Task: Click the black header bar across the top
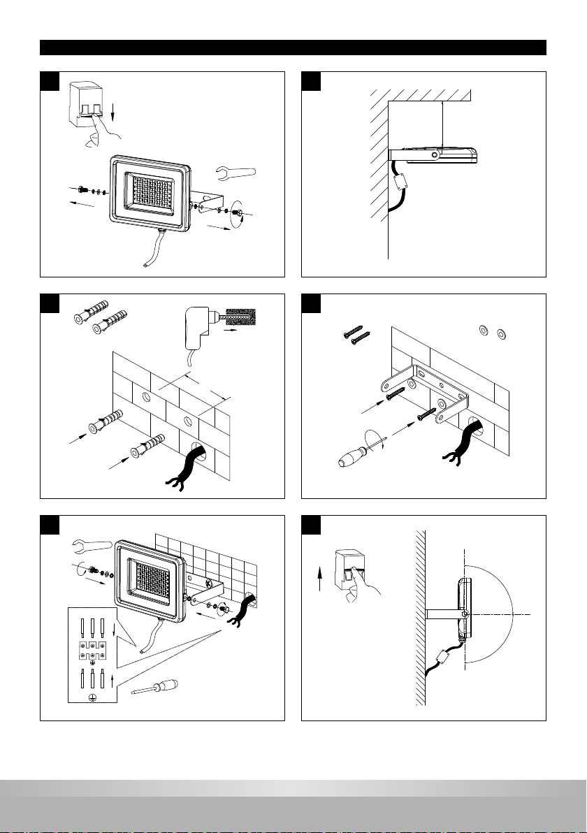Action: point(293,48)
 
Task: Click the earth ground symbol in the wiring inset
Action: point(92,697)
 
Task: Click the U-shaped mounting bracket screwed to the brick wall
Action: point(423,391)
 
